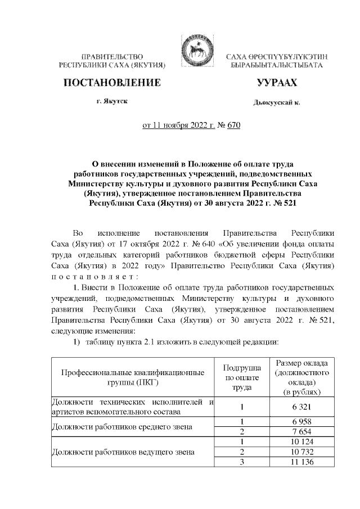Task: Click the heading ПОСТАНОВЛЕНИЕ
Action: coord(111,83)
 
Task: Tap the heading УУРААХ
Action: coord(277,83)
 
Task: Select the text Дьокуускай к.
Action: coord(277,103)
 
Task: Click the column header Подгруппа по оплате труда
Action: coord(241,376)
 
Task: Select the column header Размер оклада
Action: coord(301,376)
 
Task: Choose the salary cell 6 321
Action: coord(301,407)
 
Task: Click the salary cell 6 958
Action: coord(301,421)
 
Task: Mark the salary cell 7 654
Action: coord(301,431)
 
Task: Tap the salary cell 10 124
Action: coord(301,442)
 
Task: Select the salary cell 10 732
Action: coord(301,452)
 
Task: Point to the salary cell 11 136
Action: coord(301,462)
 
